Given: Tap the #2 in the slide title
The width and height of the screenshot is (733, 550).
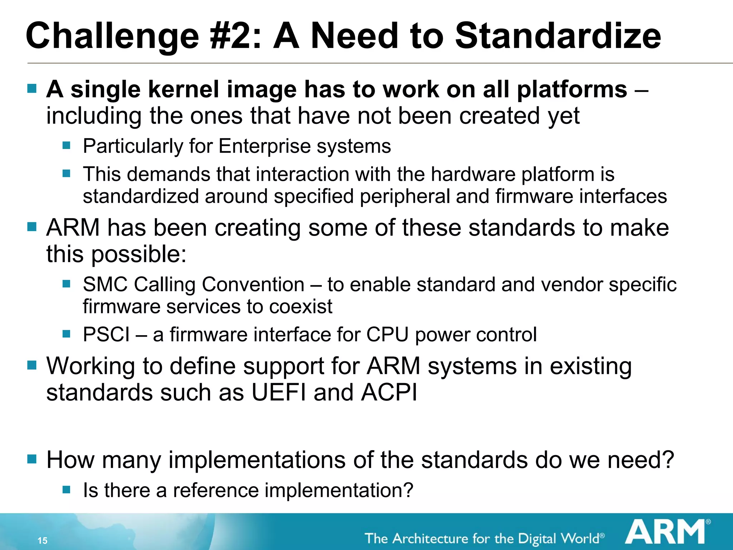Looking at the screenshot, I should (236, 36).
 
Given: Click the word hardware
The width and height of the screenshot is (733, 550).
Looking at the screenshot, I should (473, 174).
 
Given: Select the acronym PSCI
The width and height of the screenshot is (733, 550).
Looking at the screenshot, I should (106, 335).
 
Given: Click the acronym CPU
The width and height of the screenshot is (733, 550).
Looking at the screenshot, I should (387, 335).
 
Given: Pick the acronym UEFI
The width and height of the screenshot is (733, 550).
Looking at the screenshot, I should (279, 393).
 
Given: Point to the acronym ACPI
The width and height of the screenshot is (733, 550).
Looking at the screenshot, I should (389, 393).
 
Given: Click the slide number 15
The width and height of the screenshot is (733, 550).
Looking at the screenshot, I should (43, 540).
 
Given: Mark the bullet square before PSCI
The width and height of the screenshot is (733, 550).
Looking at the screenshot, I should (66, 334).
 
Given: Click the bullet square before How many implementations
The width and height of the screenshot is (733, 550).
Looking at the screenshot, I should (32, 459).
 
